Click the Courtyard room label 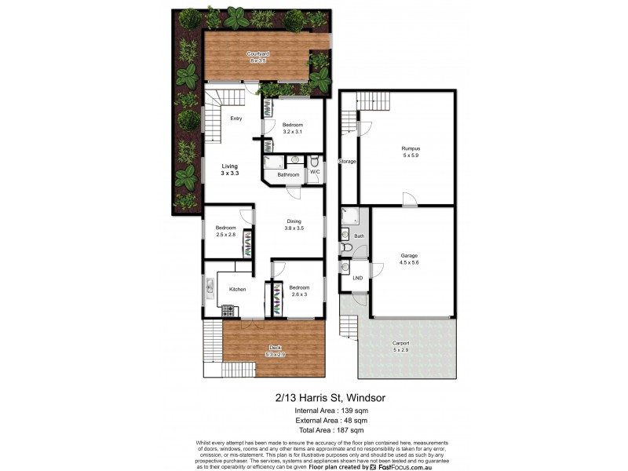pos(259,54)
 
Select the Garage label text pos(409,255)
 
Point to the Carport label pos(400,343)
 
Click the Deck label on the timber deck pos(274,347)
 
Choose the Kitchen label pos(237,290)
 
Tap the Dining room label pos(294,221)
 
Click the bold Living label pos(229,166)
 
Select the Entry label pos(235,119)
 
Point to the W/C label pos(314,171)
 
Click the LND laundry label pos(357,278)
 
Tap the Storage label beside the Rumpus pos(348,162)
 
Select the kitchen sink pos(210,291)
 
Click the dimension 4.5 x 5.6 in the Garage pos(409,262)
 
